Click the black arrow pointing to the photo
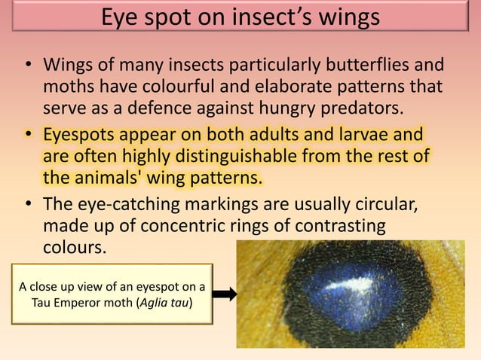coord(224,294)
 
